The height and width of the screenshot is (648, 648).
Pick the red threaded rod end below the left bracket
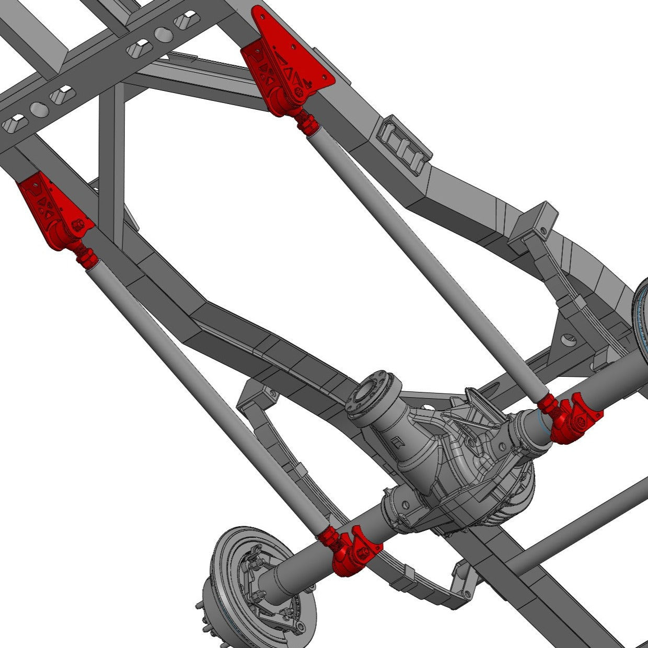click(x=85, y=256)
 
